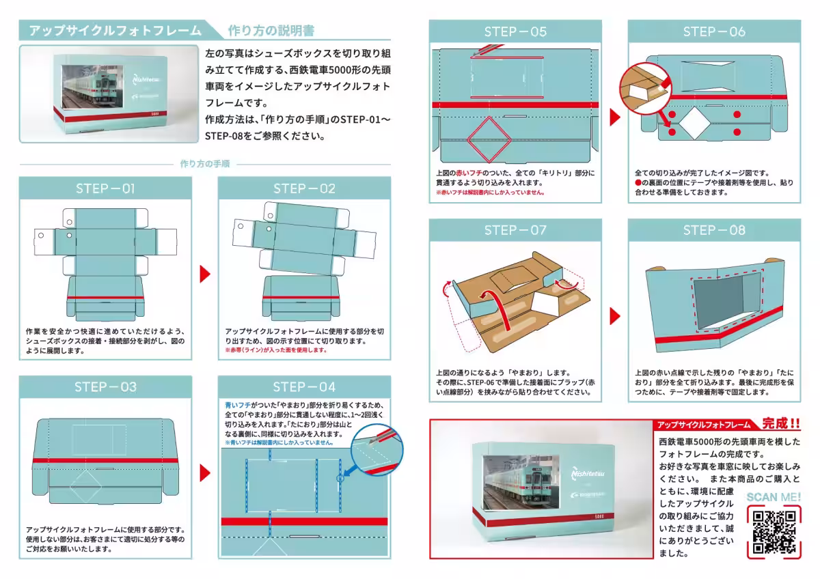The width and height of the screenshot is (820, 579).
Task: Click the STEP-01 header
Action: [105, 188]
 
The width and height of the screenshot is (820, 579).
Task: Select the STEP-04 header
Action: [304, 387]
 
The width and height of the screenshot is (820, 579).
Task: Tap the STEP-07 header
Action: [515, 230]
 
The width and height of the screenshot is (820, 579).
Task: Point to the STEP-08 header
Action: [714, 230]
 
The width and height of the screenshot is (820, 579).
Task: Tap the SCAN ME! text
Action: [774, 497]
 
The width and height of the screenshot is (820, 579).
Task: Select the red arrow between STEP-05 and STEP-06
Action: [614, 117]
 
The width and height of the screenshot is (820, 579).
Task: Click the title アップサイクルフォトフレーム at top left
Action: [116, 31]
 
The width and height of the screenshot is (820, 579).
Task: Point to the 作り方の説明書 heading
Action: [271, 31]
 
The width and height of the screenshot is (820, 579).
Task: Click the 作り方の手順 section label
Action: [204, 164]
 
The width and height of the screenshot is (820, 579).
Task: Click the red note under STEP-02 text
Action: [275, 350]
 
